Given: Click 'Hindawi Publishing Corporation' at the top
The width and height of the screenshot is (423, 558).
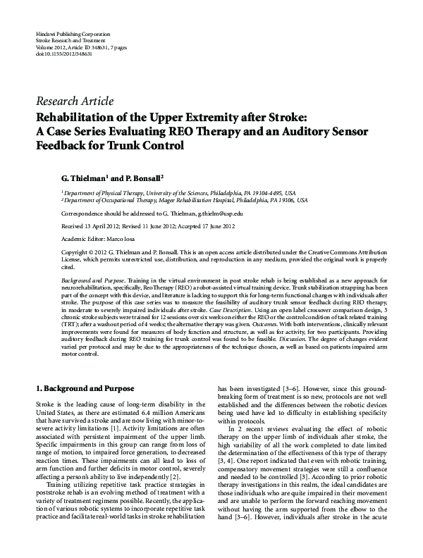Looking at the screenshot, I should [70, 35].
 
